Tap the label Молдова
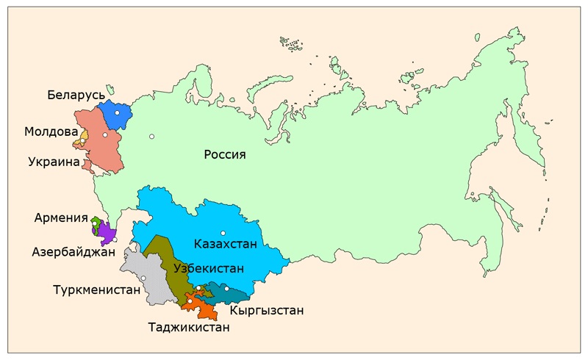click(x=51, y=132)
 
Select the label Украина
click(x=54, y=162)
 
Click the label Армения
click(x=61, y=217)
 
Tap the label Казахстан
click(x=226, y=243)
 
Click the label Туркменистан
click(x=96, y=289)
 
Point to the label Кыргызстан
click(x=266, y=311)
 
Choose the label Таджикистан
click(x=189, y=327)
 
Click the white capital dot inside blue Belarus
click(x=117, y=113)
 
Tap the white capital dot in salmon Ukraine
click(x=106, y=135)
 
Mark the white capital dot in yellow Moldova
click(x=84, y=141)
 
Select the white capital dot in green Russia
click(x=151, y=136)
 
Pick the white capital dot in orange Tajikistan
click(x=190, y=301)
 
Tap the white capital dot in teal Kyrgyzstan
click(x=227, y=289)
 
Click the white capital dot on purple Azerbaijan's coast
click(x=115, y=240)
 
